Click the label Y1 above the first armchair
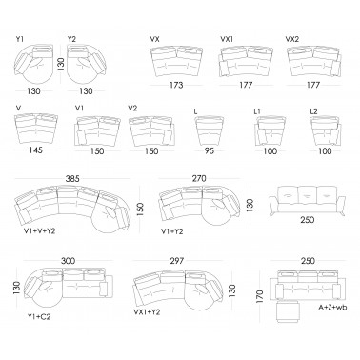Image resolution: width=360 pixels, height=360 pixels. [x=20, y=39]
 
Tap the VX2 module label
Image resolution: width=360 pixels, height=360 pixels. [x=292, y=39]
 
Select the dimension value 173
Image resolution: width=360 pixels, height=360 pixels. [x=176, y=85]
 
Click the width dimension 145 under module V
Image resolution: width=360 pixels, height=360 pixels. [x=35, y=150]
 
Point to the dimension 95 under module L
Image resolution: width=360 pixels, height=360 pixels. [x=210, y=150]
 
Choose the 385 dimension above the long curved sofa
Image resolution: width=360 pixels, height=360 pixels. [x=72, y=179]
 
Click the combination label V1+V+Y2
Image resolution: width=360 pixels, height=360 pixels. [x=39, y=231]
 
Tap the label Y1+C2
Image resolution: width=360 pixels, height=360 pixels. [x=39, y=316]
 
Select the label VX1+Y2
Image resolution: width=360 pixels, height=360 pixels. [x=147, y=312]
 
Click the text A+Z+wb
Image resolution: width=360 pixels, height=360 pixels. [x=332, y=308]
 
